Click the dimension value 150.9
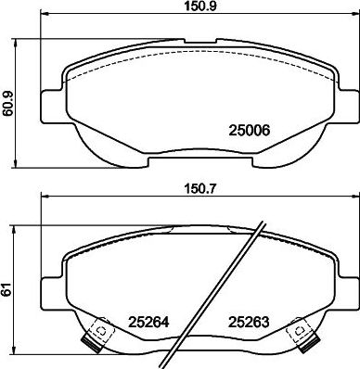point(199,6)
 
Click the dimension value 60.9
point(7,104)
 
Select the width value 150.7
point(199,188)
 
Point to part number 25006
point(249,131)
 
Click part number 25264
point(148,323)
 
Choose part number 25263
point(249,323)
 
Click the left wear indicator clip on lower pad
point(96,335)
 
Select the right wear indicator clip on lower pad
point(302,334)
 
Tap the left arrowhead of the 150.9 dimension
point(45,13)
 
